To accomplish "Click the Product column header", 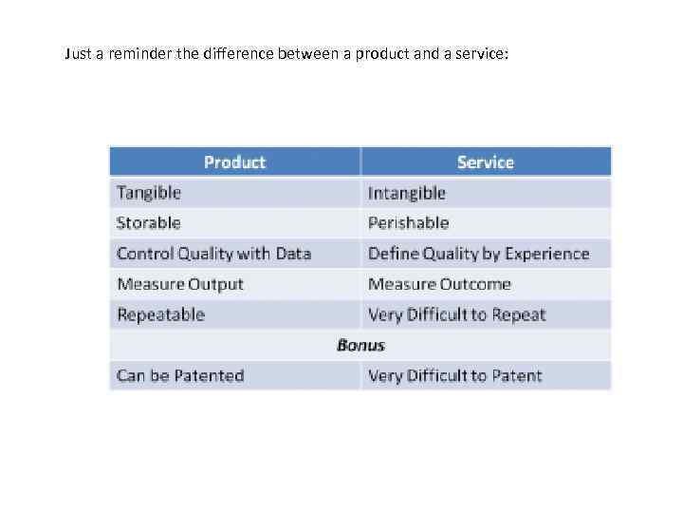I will [x=234, y=162].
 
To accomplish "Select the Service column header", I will [x=485, y=162].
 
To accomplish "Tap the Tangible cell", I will [x=149, y=193].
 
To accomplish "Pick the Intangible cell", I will [x=406, y=193].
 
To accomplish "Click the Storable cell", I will [x=148, y=223].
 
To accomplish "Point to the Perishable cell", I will [x=408, y=223].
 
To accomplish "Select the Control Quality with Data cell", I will [x=213, y=254].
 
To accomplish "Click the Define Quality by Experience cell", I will [x=478, y=254].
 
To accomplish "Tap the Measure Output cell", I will [x=180, y=284].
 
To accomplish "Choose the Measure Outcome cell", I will [x=439, y=284].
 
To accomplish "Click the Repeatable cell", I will [x=160, y=314].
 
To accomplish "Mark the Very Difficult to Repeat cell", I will [x=456, y=314].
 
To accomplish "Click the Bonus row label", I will [x=360, y=345].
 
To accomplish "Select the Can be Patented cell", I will [x=180, y=375].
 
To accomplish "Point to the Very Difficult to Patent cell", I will [x=454, y=375].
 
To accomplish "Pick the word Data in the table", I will [x=293, y=254].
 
